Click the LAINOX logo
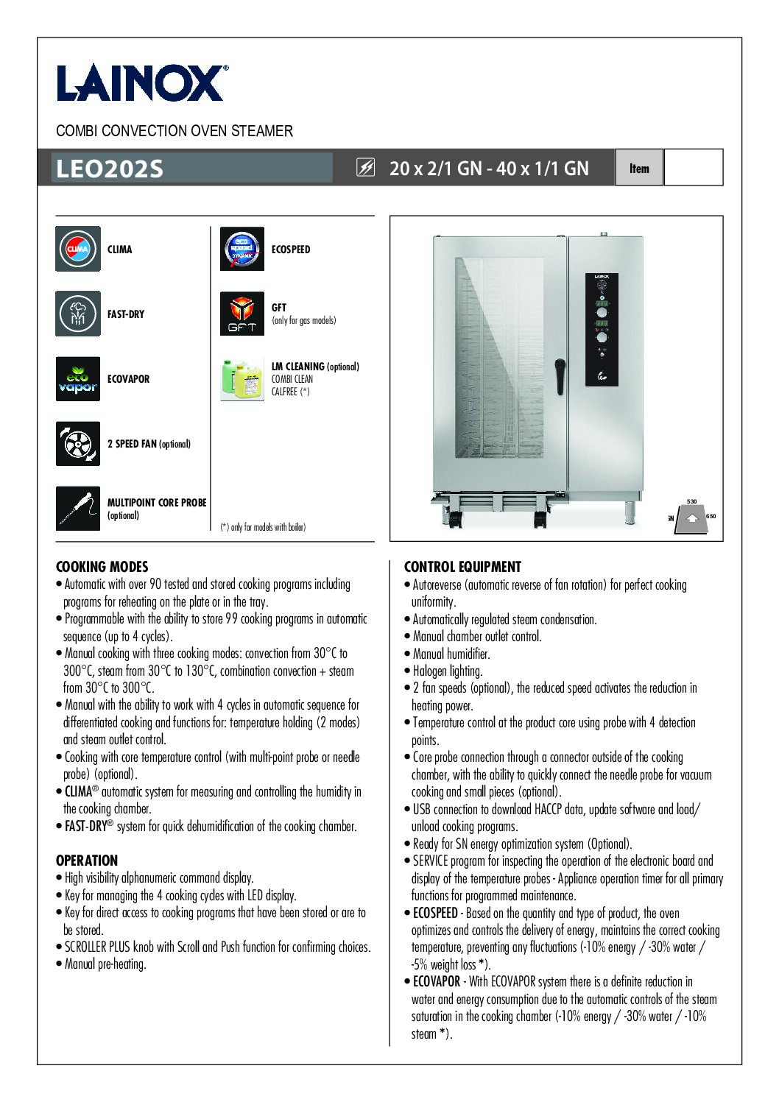pyautogui.click(x=141, y=82)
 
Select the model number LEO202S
pyautogui.click(x=109, y=169)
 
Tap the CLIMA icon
pyautogui.click(x=78, y=249)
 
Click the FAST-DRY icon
pyautogui.click(x=78, y=314)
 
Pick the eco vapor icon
pyautogui.click(x=78, y=379)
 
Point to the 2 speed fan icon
pyautogui.click(x=78, y=444)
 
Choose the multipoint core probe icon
pyautogui.click(x=78, y=509)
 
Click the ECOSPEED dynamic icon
pyautogui.click(x=242, y=249)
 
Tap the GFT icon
pyautogui.click(x=242, y=314)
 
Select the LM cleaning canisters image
pyautogui.click(x=242, y=379)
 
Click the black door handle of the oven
pyautogui.click(x=560, y=376)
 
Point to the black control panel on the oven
pyautogui.click(x=602, y=329)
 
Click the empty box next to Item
pyautogui.click(x=693, y=168)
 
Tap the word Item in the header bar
pyautogui.click(x=639, y=168)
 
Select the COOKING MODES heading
pyautogui.click(x=102, y=567)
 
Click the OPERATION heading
pyautogui.click(x=87, y=861)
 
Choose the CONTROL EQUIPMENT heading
pyautogui.click(x=462, y=567)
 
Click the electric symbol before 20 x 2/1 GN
pyautogui.click(x=365, y=168)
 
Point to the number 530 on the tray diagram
pyautogui.click(x=691, y=501)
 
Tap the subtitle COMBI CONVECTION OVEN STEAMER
pyautogui.click(x=175, y=131)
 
